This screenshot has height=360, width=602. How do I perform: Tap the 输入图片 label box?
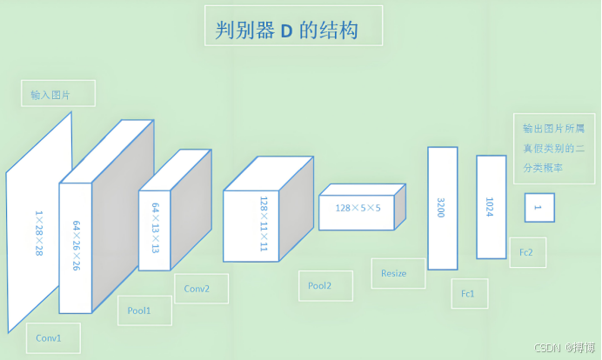coord(58,94)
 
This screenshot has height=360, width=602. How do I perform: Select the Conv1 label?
coord(49,337)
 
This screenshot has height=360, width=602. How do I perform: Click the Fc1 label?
coord(469,294)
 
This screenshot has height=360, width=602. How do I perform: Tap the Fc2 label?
coord(527,252)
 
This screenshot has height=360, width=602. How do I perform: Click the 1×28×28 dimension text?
coord(39,233)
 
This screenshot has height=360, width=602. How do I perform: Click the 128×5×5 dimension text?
coord(357,208)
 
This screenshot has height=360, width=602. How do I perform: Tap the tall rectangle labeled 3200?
coord(442,208)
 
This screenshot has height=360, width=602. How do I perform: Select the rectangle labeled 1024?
coord(491,206)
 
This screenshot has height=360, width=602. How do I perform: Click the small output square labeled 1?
coord(538,207)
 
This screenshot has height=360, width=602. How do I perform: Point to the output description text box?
coord(553,147)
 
